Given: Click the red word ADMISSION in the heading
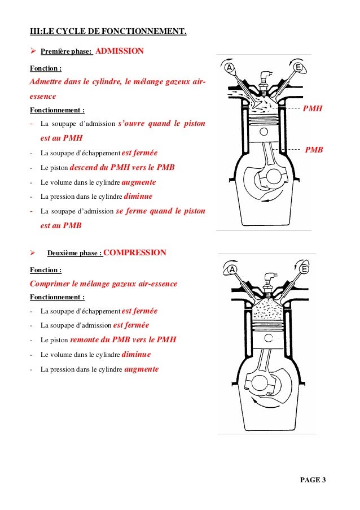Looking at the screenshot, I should pyautogui.click(x=120, y=51).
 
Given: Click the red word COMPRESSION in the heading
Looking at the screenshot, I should pyautogui.click(x=135, y=252).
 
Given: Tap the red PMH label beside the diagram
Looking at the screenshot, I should pyautogui.click(x=313, y=108).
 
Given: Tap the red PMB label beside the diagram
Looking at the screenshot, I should pyautogui.click(x=314, y=150).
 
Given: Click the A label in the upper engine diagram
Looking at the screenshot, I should pyautogui.click(x=230, y=68).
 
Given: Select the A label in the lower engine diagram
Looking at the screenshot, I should pyautogui.click(x=230, y=269).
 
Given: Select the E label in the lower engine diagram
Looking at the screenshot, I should pyautogui.click(x=304, y=269).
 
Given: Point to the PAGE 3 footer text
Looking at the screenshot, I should pyautogui.click(x=313, y=480).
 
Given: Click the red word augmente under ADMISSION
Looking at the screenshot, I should pyautogui.click(x=139, y=182).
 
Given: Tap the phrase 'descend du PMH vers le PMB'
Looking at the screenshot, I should pyautogui.click(x=122, y=168).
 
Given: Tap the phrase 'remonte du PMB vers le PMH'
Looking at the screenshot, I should pyautogui.click(x=123, y=340).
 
